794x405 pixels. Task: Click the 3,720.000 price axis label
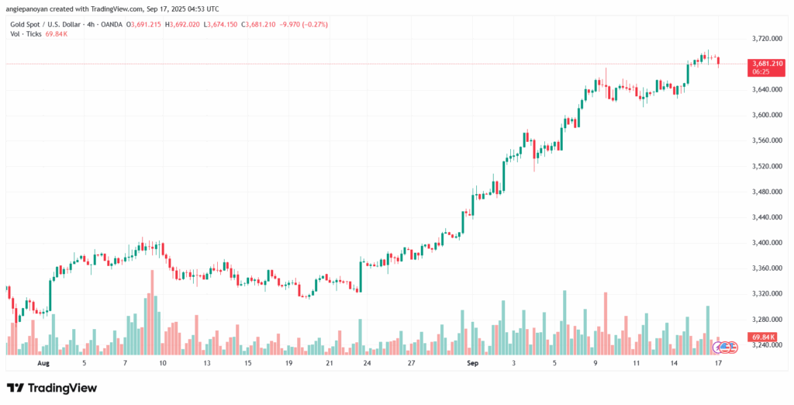tap(766, 38)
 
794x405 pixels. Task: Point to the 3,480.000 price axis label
tap(766, 192)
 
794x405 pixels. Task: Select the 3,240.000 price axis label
tap(766, 345)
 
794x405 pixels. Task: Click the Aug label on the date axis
tap(43, 362)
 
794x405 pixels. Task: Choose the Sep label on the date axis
tap(472, 362)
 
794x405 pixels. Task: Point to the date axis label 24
tap(367, 362)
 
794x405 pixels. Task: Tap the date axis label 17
tap(718, 362)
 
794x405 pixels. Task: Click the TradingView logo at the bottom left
tap(52, 387)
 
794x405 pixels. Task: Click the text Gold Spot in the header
tap(25, 25)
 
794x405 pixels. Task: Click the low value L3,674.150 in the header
tap(220, 25)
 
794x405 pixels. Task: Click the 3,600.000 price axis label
tap(766, 115)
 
